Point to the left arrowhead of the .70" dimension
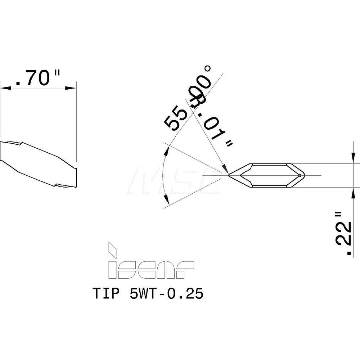click(5, 87)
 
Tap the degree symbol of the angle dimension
click(207, 68)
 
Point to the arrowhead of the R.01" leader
click(225, 169)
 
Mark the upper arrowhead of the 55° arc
click(166, 152)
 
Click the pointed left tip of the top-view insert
click(229, 175)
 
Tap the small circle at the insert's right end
click(300, 175)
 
